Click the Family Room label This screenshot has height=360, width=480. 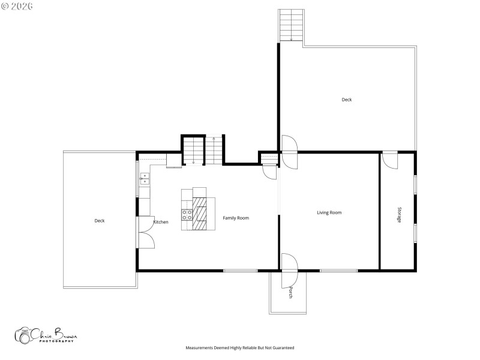tap(236, 218)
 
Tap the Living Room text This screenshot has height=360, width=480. tap(329, 212)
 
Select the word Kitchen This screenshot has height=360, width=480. tap(161, 222)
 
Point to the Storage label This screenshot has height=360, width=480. tap(399, 215)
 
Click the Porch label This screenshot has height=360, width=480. tap(291, 293)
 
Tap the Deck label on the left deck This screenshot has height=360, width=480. tap(100, 221)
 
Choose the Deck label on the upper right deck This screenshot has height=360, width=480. tap(347, 100)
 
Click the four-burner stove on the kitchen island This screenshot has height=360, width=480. tap(187, 215)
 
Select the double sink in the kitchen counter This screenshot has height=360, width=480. tap(145, 178)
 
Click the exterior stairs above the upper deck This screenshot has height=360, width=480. tap(291, 26)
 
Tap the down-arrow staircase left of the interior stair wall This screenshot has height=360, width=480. tap(193, 150)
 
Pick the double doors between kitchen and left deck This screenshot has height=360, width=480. tap(146, 232)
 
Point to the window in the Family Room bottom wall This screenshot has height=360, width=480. tap(241, 271)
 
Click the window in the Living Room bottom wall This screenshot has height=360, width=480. tap(338, 271)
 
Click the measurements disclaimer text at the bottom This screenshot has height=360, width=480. tap(240, 347)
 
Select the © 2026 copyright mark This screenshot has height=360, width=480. tap(17, 6)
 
